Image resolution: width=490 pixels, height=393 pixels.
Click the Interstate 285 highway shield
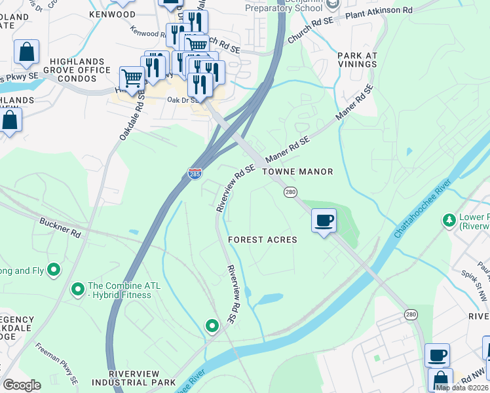[x=195, y=174]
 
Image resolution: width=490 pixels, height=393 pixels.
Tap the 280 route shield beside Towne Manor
[x=290, y=192]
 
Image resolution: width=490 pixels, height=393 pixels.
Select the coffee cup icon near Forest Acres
[x=323, y=221]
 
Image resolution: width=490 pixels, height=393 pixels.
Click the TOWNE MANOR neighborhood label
[x=297, y=172]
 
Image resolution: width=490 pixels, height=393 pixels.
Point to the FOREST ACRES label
[x=263, y=240]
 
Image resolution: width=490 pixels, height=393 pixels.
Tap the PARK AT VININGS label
[x=357, y=60]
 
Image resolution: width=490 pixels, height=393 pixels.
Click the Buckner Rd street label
[x=60, y=227]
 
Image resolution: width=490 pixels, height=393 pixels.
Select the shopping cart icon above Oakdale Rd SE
[x=132, y=79]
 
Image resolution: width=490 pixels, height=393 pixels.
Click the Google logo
[x=22, y=385]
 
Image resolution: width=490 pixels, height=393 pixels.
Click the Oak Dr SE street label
[x=183, y=100]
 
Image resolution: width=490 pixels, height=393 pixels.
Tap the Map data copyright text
[x=462, y=387]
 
